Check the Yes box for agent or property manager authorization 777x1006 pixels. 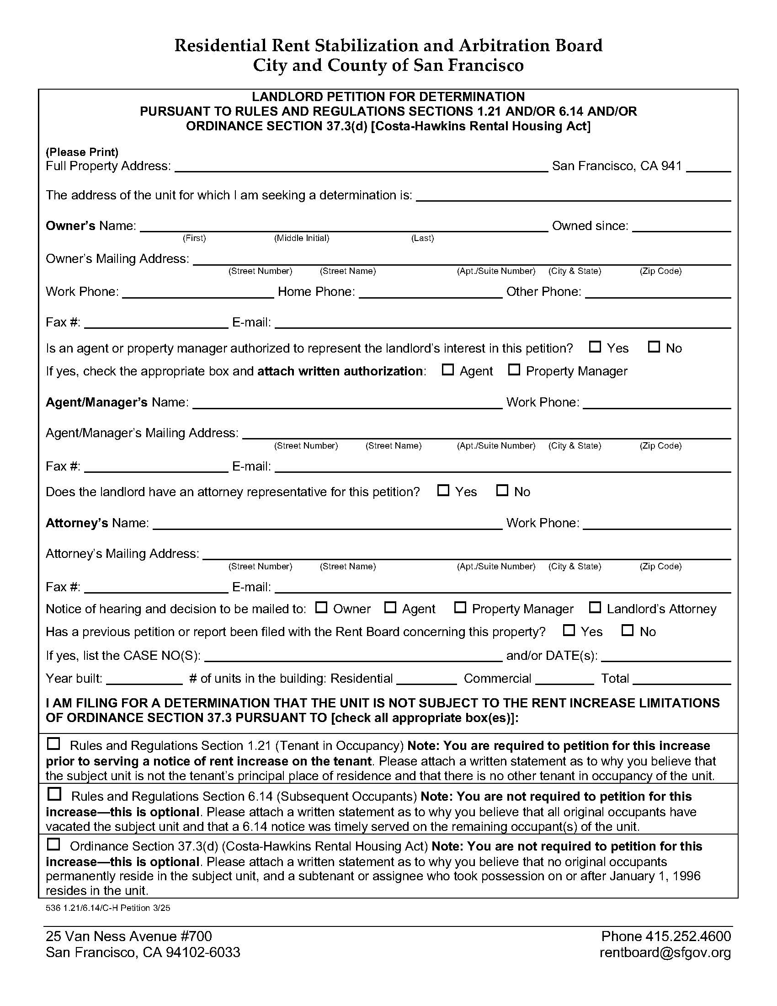click(595, 347)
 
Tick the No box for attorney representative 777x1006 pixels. click(502, 491)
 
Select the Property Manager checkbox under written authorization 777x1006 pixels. click(514, 370)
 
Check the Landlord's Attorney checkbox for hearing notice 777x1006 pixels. click(595, 608)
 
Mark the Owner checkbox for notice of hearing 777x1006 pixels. click(321, 608)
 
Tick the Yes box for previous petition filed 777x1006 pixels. click(569, 630)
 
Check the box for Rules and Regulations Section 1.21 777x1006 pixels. click(54, 744)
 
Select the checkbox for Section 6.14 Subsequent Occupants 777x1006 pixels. click(54, 794)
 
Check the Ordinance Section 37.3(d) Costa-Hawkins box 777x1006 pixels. click(54, 844)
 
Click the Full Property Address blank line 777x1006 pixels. click(361, 167)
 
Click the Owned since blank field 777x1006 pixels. click(681, 227)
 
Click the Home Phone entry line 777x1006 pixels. click(430, 293)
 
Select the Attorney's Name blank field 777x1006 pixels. click(327, 524)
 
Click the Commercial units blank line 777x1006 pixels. click(564, 679)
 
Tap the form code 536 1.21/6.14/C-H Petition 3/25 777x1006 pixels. click(108, 908)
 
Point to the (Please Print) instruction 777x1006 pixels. click(82, 152)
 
